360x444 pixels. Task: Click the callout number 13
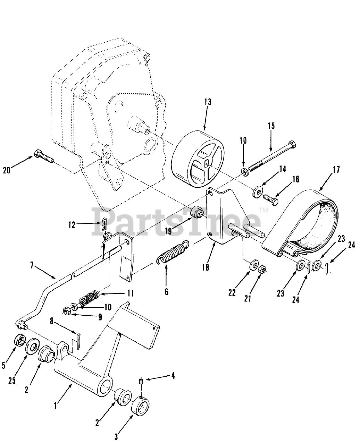[208, 102]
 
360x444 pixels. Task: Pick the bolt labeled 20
[45, 158]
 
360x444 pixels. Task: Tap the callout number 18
[206, 267]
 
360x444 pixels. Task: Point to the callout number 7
[32, 266]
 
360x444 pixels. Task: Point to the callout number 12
[72, 225]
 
